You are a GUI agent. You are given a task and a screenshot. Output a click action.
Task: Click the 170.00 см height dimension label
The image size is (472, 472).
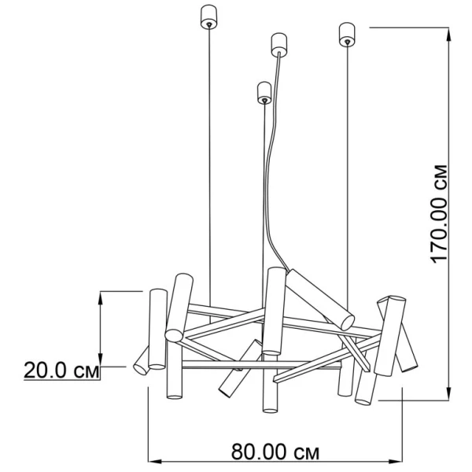440,214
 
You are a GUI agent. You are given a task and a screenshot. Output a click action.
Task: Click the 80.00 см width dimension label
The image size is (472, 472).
275,452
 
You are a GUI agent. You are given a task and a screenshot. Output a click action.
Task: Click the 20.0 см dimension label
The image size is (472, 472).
61,370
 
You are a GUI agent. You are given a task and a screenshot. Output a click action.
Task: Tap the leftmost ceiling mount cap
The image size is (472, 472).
208,17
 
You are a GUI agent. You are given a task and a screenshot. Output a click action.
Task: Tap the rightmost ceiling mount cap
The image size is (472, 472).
347,35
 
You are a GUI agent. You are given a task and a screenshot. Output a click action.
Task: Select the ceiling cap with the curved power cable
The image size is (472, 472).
279,45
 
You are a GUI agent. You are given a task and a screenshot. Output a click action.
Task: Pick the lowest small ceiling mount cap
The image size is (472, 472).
264,92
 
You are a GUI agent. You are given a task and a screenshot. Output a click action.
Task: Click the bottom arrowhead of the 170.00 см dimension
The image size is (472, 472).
448,393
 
